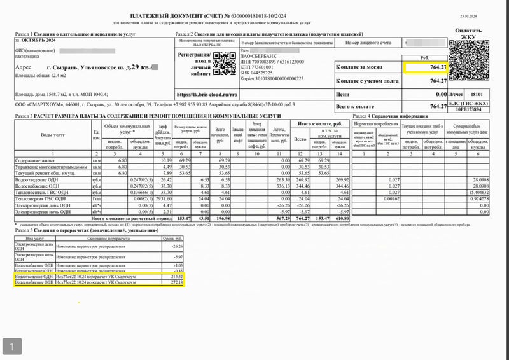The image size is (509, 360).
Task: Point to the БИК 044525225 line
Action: tap(263, 72)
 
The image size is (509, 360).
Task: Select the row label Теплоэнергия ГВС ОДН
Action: tap(40, 198)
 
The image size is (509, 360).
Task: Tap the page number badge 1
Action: tap(12, 346)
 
